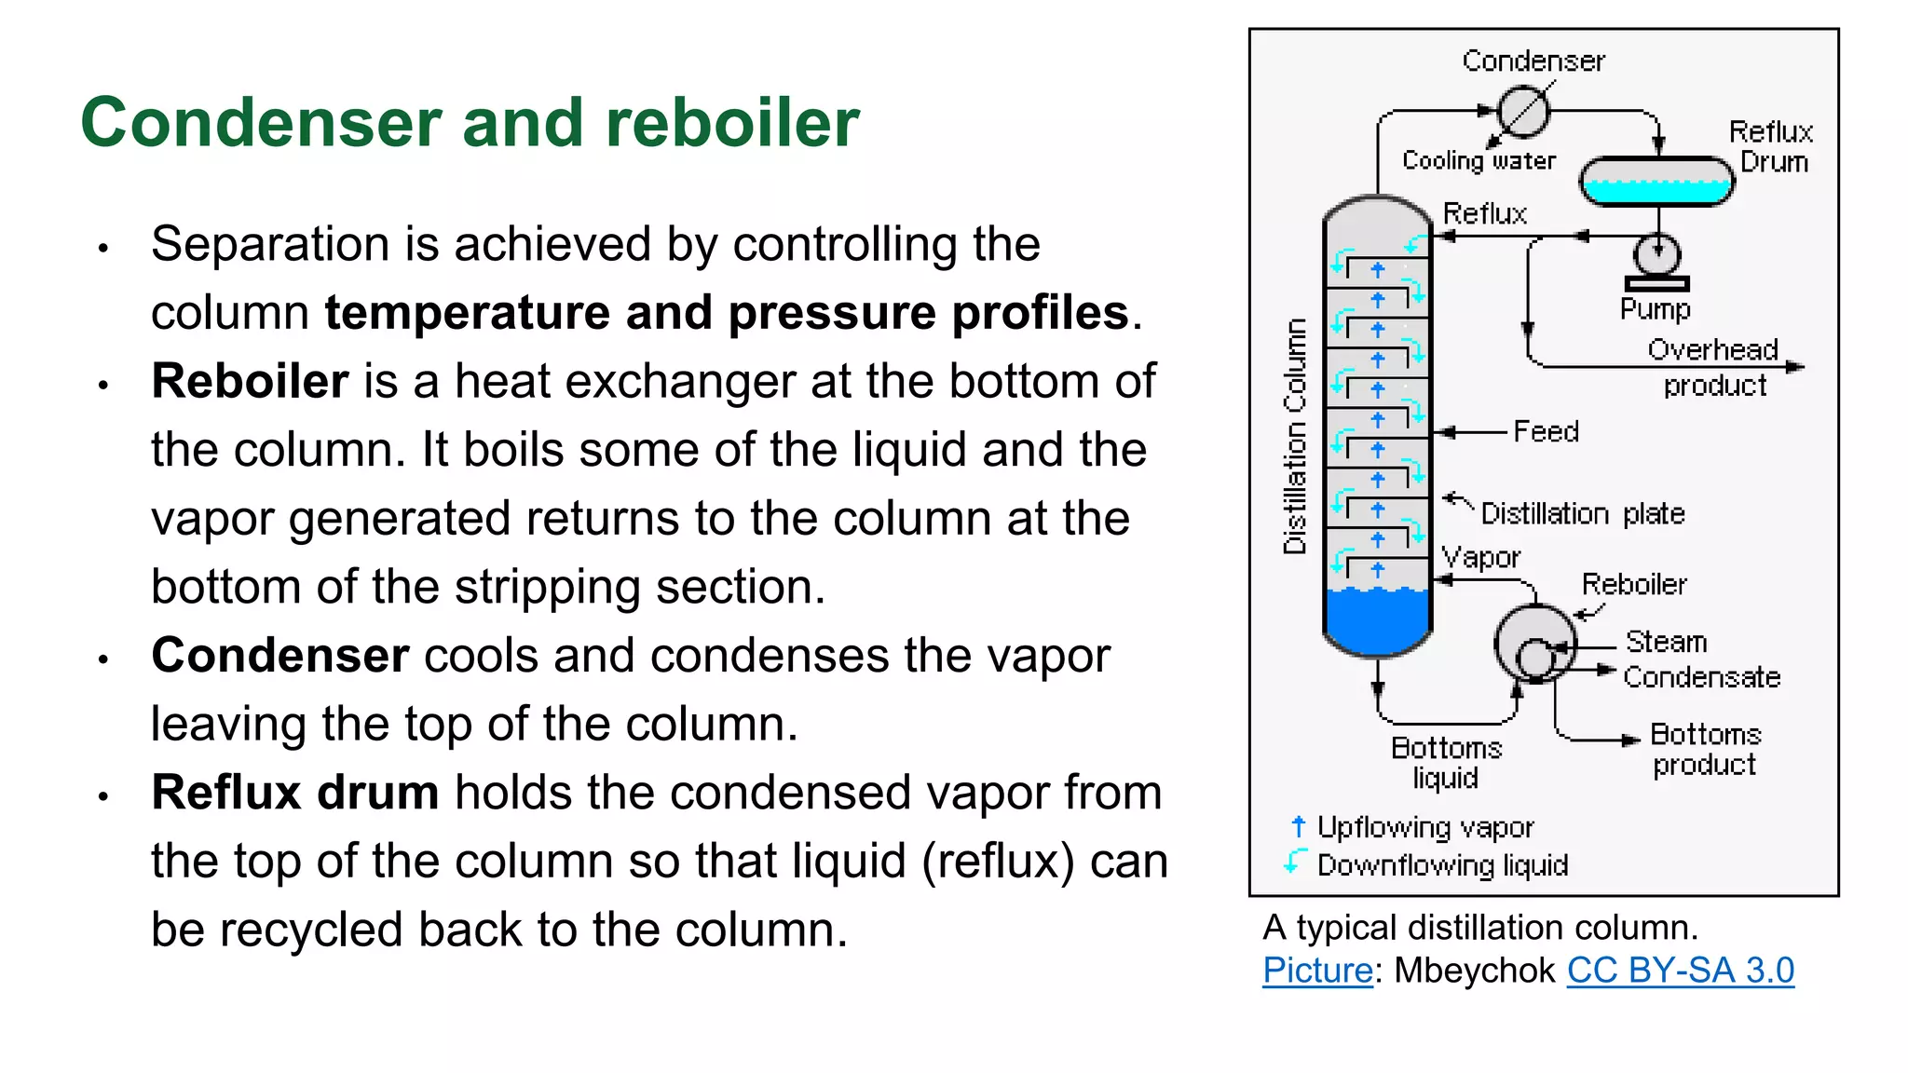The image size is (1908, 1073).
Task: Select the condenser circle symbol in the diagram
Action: point(1522,111)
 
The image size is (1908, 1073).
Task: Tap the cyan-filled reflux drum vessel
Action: point(1656,182)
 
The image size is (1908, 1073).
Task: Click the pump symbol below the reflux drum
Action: point(1656,255)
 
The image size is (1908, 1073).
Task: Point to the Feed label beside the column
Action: point(1546,432)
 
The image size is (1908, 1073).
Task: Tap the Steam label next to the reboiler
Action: point(1666,642)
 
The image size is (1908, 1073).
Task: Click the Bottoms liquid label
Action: point(1446,762)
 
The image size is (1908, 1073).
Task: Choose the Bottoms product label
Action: point(1705,749)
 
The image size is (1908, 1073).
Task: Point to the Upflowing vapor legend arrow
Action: point(1299,826)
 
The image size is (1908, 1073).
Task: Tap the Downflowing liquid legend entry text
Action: point(1442,865)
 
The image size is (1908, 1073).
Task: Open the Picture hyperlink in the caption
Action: point(1317,971)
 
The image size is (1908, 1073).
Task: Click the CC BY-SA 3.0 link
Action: point(1680,971)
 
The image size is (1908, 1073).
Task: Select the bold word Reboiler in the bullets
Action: point(250,381)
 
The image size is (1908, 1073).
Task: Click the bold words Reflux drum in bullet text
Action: point(294,793)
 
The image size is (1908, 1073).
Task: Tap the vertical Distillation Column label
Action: point(1295,436)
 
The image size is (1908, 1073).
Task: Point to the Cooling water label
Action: point(1479,161)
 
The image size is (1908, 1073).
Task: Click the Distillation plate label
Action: point(1583,513)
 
